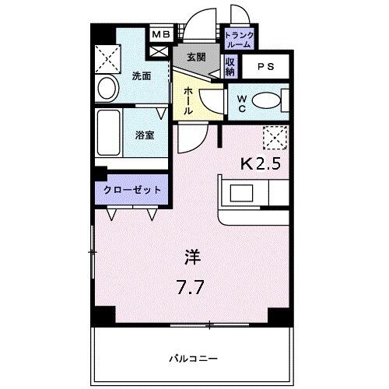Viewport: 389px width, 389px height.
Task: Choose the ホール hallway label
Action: (188, 100)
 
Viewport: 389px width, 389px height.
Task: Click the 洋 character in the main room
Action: (191, 257)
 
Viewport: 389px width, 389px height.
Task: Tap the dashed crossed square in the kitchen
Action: (275, 138)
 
